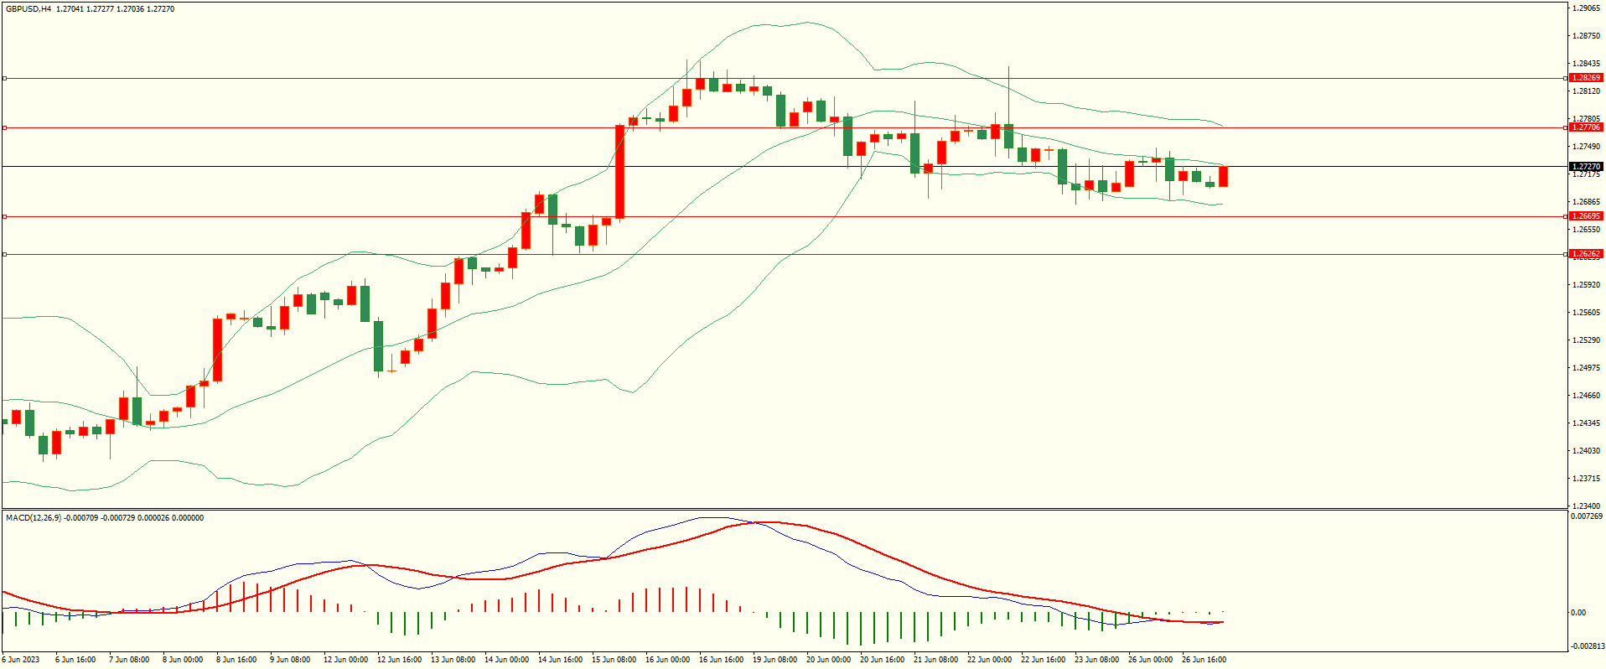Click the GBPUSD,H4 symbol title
(x=28, y=9)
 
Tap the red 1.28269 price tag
(x=1585, y=78)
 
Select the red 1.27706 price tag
(x=1585, y=127)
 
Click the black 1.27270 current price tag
(x=1585, y=167)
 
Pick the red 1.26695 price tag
(x=1585, y=216)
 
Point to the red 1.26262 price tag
(x=1585, y=254)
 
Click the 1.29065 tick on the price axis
(x=1586, y=8)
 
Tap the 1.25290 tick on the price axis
(x=1586, y=340)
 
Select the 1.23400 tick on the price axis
(x=1586, y=506)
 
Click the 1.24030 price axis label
(x=1586, y=451)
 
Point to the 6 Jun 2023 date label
(x=20, y=660)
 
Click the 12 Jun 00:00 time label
(x=345, y=660)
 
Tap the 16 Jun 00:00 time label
(x=667, y=660)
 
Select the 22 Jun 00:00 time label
(x=989, y=660)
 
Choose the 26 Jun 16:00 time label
(x=1204, y=660)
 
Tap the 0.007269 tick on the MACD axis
(x=1586, y=516)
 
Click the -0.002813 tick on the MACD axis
(x=1586, y=646)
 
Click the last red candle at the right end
(x=1223, y=176)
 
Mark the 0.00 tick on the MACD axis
(x=1578, y=613)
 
